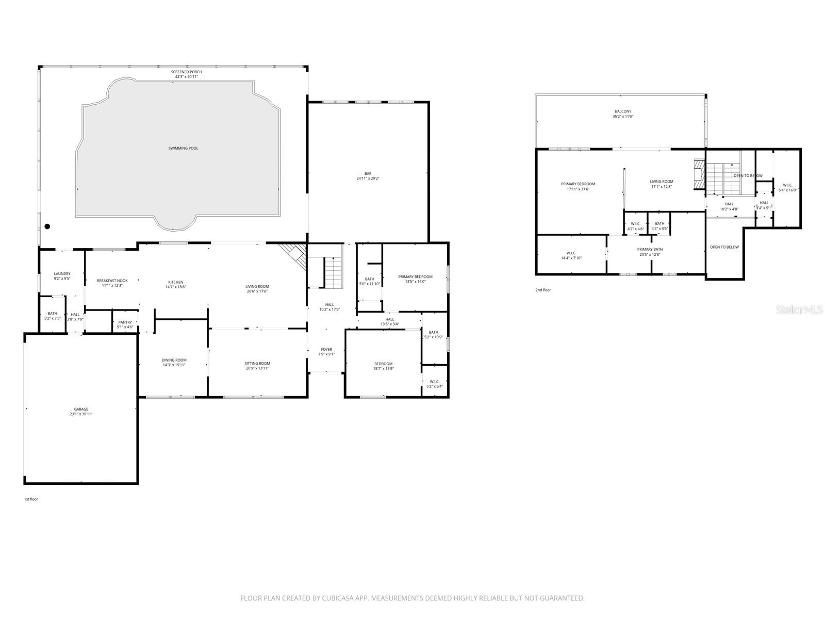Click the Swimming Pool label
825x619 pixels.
183,149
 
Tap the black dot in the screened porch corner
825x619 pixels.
47,226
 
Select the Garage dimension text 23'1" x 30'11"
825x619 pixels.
81,414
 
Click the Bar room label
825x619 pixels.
368,174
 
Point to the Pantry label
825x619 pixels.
125,322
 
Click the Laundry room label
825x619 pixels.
62,274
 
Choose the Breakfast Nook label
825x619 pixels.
112,281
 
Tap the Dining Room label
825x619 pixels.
174,360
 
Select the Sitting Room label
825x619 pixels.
257,363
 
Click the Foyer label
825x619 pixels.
326,349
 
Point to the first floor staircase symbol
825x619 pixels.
333,273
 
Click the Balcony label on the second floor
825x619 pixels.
622,111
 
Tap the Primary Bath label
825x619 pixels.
650,249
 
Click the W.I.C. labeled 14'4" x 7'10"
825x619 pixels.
571,253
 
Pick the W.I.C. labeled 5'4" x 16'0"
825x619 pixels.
787,185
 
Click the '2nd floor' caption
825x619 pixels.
543,290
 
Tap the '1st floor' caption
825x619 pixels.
31,499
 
